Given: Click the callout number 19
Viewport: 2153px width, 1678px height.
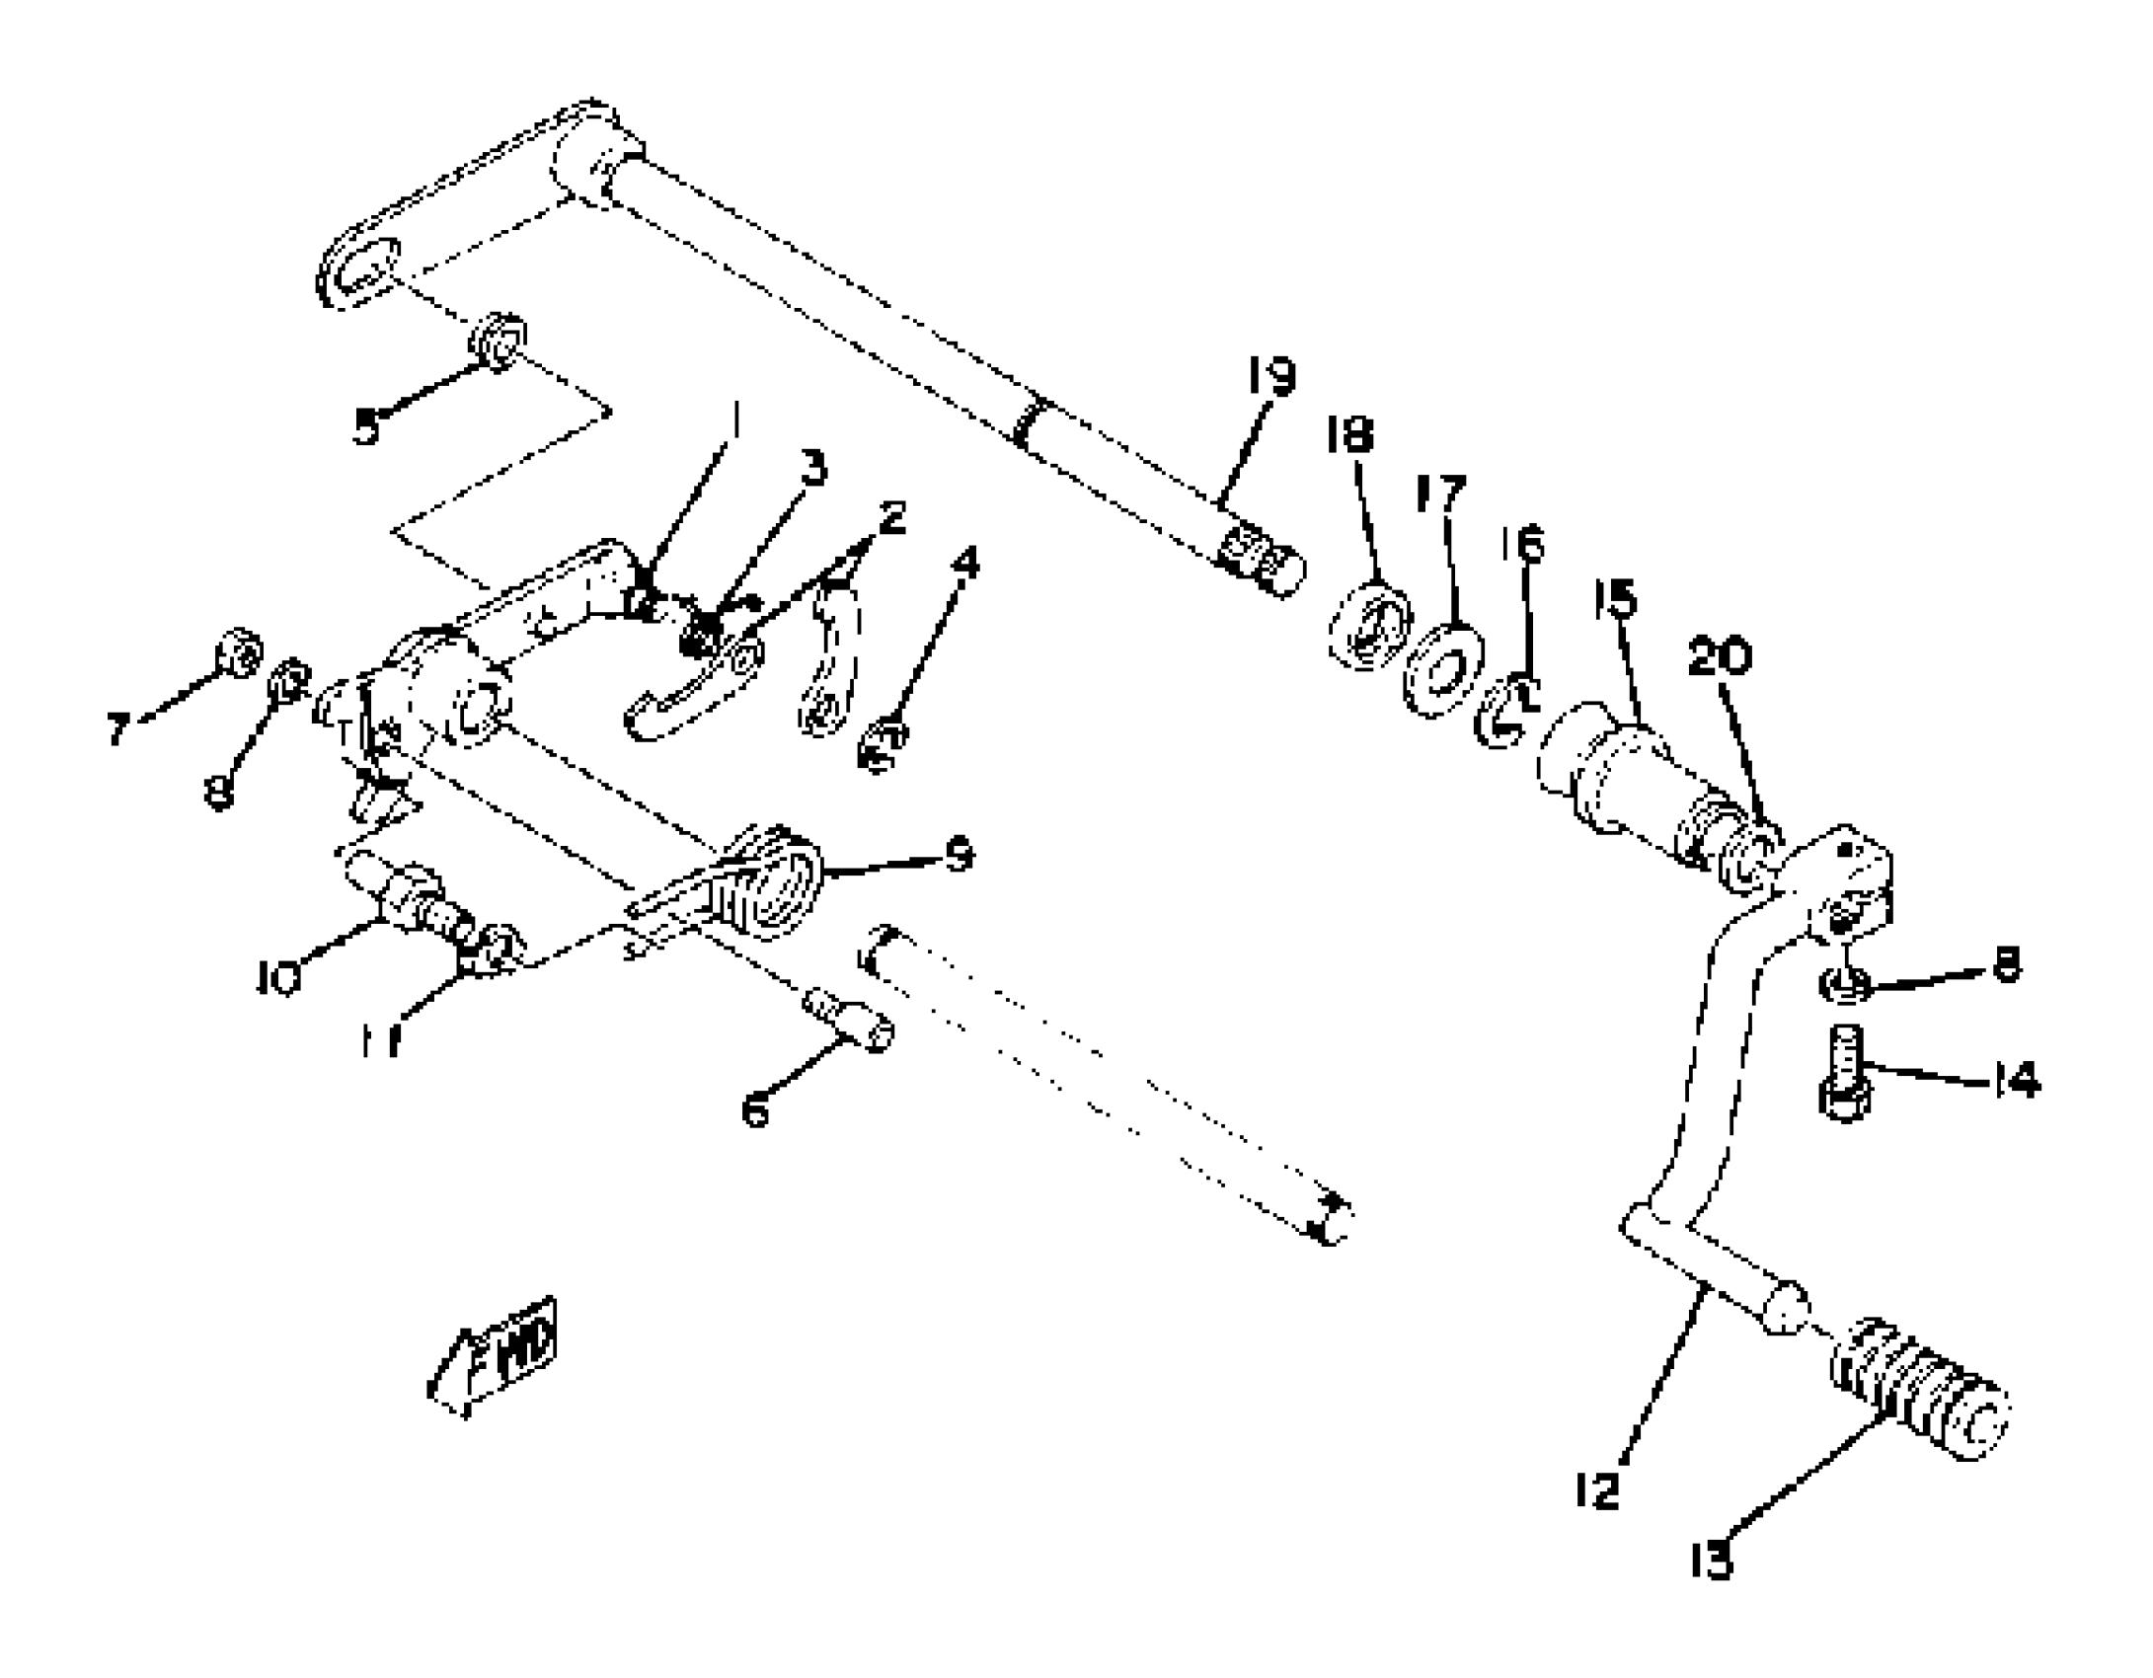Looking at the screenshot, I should [1270, 376].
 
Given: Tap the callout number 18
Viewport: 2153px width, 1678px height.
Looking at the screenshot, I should [1349, 434].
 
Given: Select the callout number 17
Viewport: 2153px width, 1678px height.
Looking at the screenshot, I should [1440, 494].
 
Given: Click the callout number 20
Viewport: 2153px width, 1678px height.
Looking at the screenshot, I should [1719, 656].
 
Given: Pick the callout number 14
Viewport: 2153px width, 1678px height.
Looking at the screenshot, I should [2015, 1080].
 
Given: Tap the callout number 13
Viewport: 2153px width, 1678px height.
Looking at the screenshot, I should [1711, 1561].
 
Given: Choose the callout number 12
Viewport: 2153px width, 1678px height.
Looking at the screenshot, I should [1597, 1488].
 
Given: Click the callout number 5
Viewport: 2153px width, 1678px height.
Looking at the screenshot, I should [366, 427].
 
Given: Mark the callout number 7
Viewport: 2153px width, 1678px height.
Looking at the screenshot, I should [118, 729].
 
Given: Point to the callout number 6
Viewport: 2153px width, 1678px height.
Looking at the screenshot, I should [754, 1110].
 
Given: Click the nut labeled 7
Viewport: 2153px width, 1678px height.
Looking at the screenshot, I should [240, 651].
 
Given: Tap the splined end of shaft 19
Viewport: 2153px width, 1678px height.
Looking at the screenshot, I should [1261, 561].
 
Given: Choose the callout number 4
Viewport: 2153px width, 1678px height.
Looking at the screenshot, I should [965, 563].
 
